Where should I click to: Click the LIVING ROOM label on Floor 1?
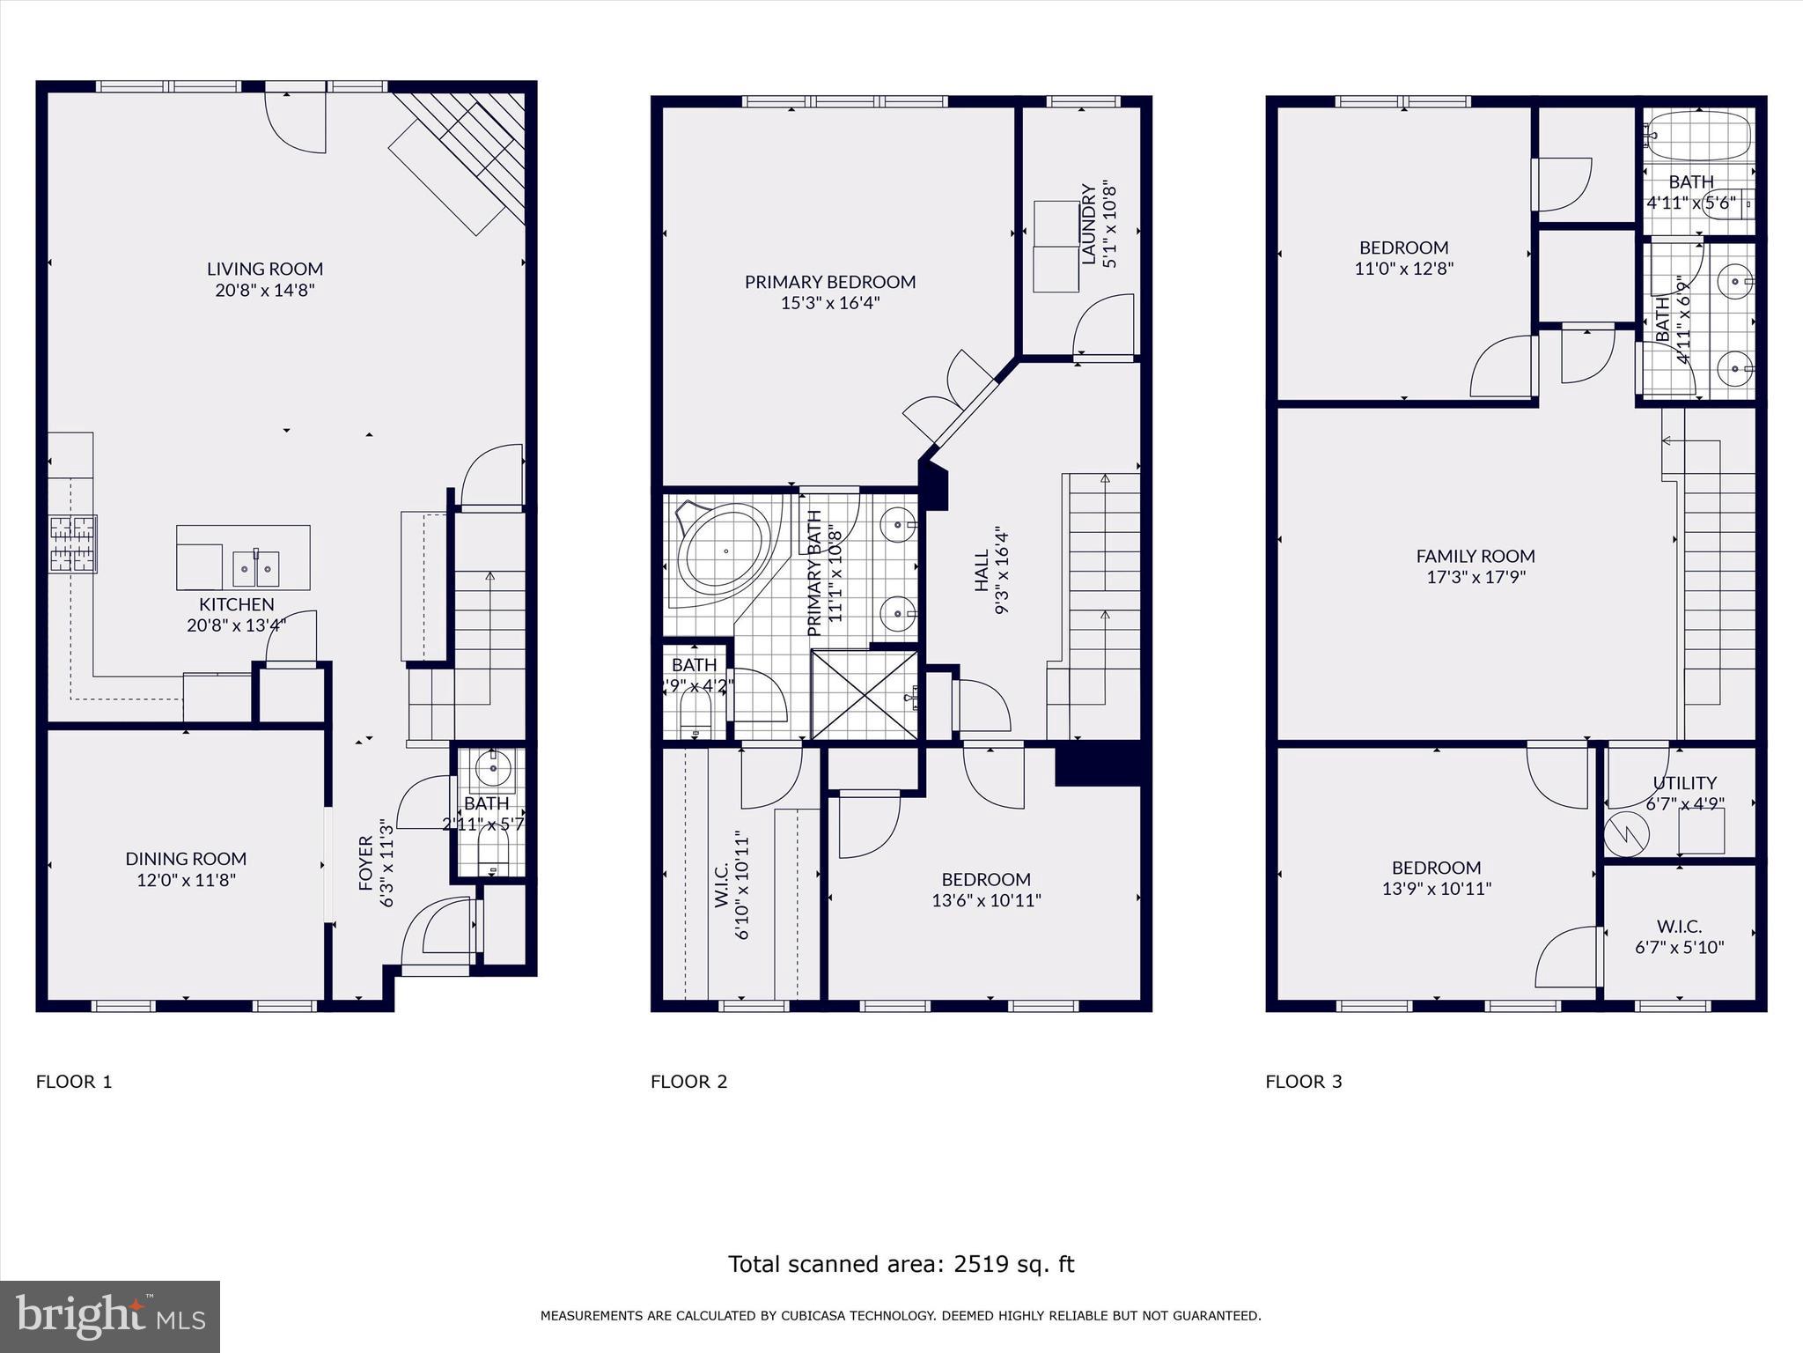point(265,269)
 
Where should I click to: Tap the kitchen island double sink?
point(256,568)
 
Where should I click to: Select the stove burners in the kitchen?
point(72,543)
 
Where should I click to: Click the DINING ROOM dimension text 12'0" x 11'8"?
point(186,879)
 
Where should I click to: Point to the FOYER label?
point(367,863)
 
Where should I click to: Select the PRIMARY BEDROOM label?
point(830,282)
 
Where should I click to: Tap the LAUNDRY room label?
point(1089,225)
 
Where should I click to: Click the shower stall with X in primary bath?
point(865,694)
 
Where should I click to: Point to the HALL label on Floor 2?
point(982,571)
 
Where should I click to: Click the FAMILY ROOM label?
point(1476,556)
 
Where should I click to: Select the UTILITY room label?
point(1684,783)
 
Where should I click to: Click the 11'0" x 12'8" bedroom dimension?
point(1403,269)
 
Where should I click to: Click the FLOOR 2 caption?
point(688,1082)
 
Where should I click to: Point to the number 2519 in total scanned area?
point(983,1264)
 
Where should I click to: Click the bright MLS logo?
point(110,1316)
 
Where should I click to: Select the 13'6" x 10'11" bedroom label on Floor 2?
point(986,900)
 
